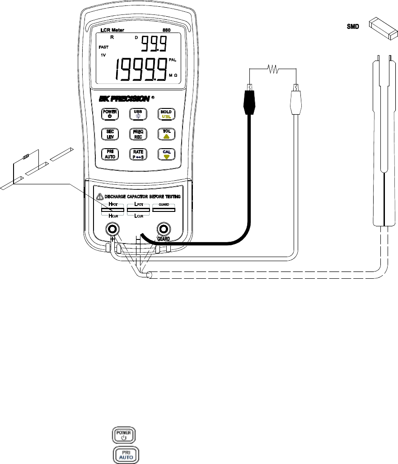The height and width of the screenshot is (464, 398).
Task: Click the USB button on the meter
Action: click(137, 115)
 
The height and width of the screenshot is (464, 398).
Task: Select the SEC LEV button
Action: click(110, 135)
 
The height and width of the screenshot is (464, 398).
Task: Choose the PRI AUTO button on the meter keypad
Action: click(110, 154)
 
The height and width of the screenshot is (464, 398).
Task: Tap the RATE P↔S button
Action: click(137, 154)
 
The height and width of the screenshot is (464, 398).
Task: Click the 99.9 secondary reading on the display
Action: click(154, 44)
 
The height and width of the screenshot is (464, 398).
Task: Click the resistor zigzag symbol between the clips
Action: click(273, 69)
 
